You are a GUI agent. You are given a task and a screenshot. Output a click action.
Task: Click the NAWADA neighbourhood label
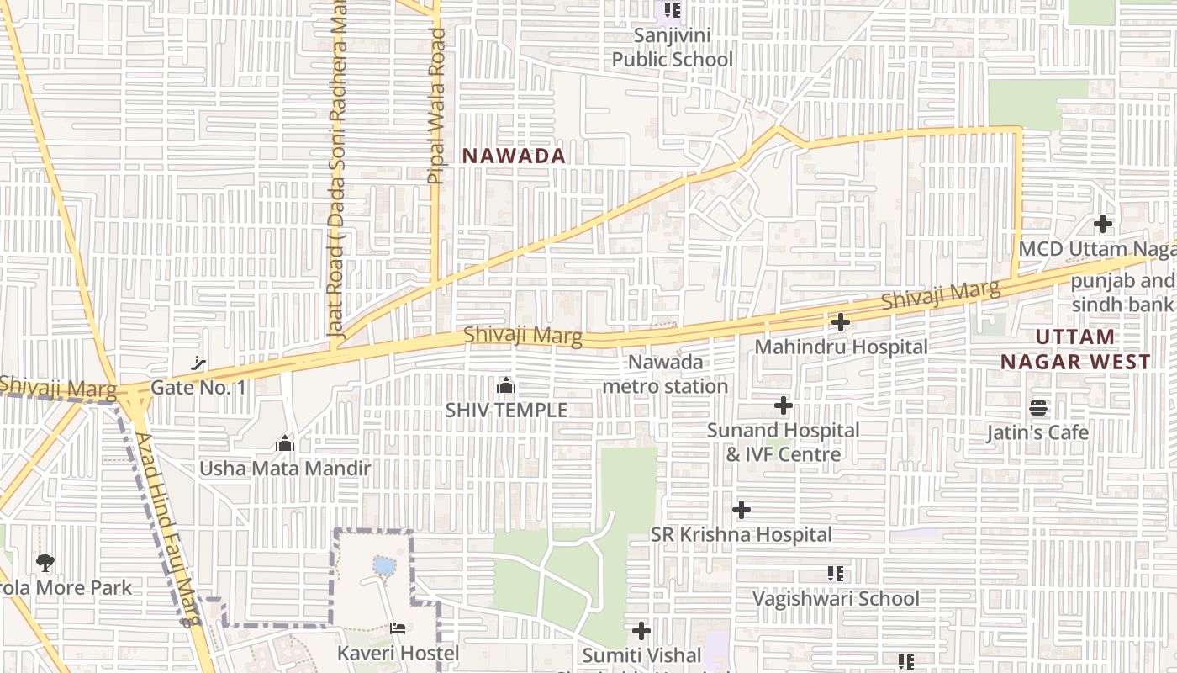click(514, 156)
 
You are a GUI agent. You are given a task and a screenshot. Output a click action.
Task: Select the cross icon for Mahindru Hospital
click(840, 322)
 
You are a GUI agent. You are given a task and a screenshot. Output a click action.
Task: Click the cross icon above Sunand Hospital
click(784, 406)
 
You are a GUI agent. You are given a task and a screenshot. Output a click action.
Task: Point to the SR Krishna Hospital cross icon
click(742, 510)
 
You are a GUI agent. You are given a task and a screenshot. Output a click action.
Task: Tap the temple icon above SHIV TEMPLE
click(506, 386)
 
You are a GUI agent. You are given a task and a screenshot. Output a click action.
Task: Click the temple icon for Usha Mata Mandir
click(285, 443)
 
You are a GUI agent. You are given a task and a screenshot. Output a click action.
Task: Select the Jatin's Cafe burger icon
click(1038, 409)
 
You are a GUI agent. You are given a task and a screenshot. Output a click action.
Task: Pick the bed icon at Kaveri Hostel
click(398, 628)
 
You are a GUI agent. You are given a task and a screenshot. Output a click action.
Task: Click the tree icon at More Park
click(45, 563)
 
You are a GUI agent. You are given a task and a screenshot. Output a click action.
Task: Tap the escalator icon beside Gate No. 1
click(198, 363)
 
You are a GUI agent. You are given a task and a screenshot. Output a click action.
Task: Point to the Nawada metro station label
click(665, 374)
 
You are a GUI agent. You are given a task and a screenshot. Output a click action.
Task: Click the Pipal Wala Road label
click(436, 106)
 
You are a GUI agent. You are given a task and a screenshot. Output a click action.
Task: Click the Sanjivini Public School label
click(672, 47)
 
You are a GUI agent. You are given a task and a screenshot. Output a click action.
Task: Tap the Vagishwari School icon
click(835, 574)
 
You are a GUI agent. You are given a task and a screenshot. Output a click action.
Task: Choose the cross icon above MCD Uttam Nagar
click(1103, 224)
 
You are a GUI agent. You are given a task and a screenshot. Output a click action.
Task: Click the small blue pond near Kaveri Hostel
click(384, 565)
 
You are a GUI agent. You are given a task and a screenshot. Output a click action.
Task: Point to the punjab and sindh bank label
click(1123, 293)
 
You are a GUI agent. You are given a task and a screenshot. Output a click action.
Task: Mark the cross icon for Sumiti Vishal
click(641, 630)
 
